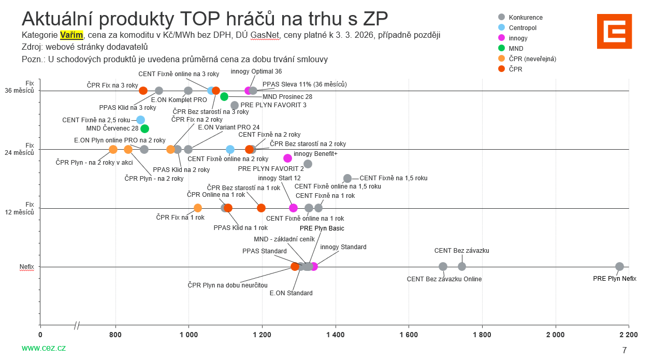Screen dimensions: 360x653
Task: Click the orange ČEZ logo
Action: (614, 31)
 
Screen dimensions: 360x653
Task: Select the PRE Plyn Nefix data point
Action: (619, 267)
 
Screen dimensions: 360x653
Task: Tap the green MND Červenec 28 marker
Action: (144, 128)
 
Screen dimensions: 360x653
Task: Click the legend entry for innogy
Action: (518, 38)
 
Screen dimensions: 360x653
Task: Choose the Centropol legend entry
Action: (522, 28)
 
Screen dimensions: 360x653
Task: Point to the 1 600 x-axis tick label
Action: (409, 335)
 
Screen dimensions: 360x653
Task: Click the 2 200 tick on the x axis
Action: (629, 335)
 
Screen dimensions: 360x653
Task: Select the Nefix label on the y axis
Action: (27, 267)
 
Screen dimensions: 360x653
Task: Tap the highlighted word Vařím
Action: (71, 35)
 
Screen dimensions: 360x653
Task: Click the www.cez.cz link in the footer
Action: (43, 348)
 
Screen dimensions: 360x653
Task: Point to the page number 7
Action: (625, 350)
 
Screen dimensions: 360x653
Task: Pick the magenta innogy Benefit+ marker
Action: (288, 158)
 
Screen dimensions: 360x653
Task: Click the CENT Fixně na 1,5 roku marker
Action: (347, 178)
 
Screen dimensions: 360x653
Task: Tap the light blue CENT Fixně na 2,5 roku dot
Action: (140, 120)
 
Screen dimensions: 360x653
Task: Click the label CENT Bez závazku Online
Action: (444, 279)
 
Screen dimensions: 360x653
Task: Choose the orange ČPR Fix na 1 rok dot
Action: (197, 208)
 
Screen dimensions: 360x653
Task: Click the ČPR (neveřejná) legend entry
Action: (532, 59)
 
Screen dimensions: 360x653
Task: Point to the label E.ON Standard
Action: (291, 293)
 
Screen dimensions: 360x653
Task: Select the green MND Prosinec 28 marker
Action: (224, 96)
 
